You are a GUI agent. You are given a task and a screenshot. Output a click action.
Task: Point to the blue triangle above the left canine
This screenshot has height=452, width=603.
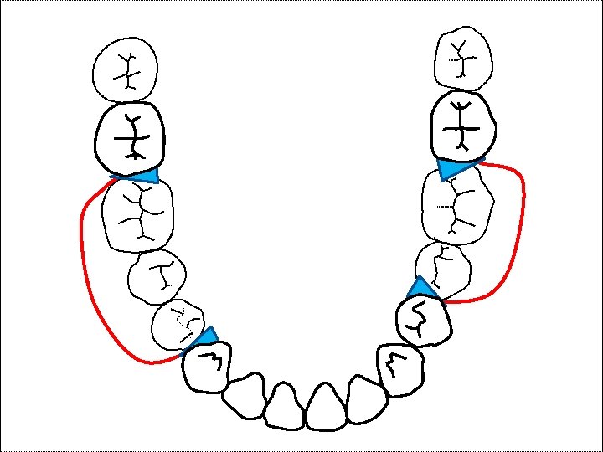pos(204,337)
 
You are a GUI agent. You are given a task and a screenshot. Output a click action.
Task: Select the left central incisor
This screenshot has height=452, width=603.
pos(284,407)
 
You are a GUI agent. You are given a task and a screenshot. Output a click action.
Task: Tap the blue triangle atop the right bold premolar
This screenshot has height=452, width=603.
pos(422,288)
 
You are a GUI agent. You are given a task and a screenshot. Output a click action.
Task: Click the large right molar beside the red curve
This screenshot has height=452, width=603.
pos(456,210)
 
